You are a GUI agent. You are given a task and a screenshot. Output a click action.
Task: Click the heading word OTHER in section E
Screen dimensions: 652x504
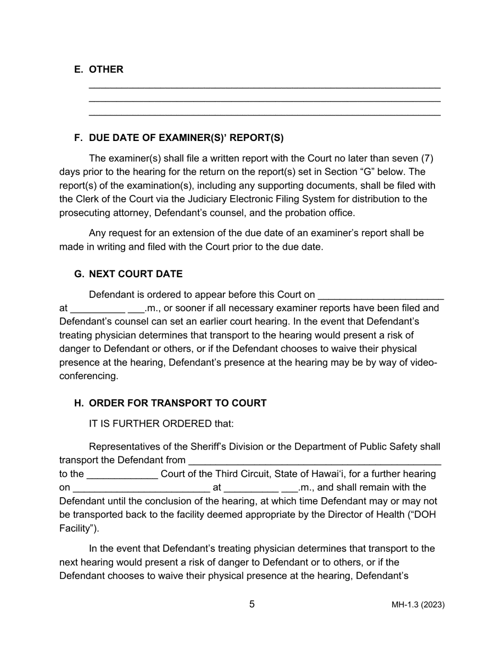pos(106,69)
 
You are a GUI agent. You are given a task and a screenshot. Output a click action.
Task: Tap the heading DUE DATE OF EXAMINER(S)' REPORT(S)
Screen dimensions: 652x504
pos(186,138)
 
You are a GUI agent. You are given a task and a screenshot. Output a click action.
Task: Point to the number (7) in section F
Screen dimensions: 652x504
pos(430,158)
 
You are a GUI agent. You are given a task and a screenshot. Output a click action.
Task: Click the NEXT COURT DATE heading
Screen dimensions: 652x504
pos(135,274)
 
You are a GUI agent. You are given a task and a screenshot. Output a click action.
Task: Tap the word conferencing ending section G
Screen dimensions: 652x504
pos(88,376)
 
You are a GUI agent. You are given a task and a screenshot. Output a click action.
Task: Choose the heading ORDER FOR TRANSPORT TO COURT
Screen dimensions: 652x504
pos(177,403)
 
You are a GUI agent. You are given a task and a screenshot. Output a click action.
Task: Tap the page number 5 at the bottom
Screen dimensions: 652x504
pos(252,604)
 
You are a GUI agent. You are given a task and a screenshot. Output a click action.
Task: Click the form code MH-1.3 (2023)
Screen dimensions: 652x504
pos(418,605)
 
